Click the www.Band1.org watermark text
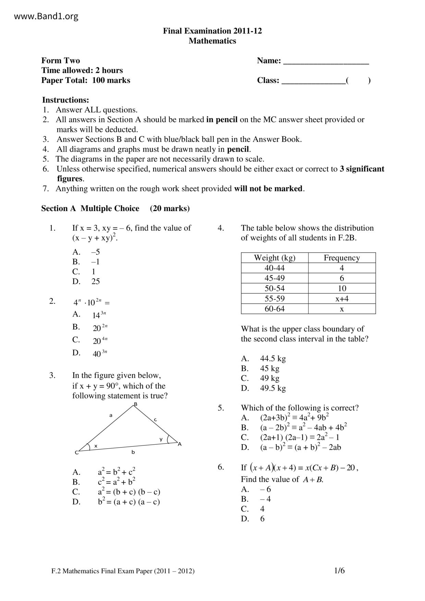46,16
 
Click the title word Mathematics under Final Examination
212,41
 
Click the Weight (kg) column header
275,258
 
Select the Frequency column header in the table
342,258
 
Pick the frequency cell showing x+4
342,298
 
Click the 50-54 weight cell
275,288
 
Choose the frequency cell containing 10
342,288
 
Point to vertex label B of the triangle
135,404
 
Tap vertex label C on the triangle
76,453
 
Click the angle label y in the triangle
161,439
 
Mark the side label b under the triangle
133,452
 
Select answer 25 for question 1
96,281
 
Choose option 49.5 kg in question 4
273,388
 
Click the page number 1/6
339,571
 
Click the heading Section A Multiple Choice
90,208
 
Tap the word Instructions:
65,100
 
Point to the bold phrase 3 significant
362,169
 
